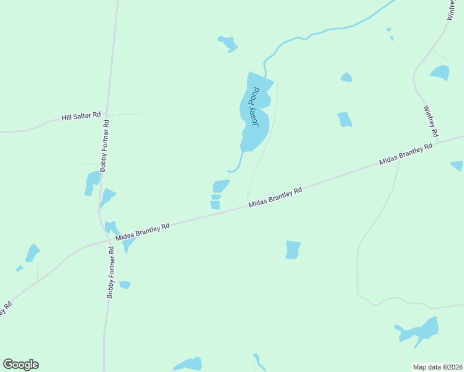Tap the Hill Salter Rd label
(81, 116)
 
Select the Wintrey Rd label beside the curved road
(431, 121)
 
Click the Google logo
(21, 365)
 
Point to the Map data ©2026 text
(438, 366)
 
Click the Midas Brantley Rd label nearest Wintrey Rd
(406, 155)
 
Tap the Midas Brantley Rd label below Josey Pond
(275, 198)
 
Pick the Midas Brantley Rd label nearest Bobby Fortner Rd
(143, 232)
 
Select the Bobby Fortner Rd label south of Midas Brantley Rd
(110, 273)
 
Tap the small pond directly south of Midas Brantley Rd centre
(293, 249)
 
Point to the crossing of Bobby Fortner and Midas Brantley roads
(108, 241)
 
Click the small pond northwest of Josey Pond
(228, 43)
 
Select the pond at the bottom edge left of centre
(188, 364)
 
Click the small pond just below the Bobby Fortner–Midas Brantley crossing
(125, 285)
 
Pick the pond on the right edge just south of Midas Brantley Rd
(457, 166)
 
